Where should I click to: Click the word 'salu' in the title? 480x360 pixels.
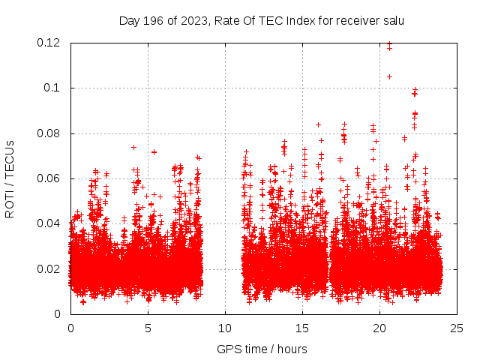point(392,20)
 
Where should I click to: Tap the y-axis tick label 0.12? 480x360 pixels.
point(49,43)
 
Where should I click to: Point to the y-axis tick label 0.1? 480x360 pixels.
point(52,88)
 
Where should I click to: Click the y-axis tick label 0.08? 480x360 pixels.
point(49,133)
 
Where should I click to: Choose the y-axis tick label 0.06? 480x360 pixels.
point(49,178)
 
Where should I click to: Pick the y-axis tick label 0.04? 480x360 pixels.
point(49,223)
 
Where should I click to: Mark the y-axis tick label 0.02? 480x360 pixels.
point(49,268)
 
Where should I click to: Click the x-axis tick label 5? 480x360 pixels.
point(148,328)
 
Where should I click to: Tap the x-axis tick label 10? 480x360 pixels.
point(225,328)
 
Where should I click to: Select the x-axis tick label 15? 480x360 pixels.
point(302,328)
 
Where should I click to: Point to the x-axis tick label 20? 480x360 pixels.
point(379,328)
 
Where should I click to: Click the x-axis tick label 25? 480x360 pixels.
point(457,328)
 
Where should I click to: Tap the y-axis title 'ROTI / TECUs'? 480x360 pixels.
point(10,178)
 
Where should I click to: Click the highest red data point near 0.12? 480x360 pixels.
point(389,44)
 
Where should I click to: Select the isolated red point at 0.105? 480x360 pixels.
point(389,76)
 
